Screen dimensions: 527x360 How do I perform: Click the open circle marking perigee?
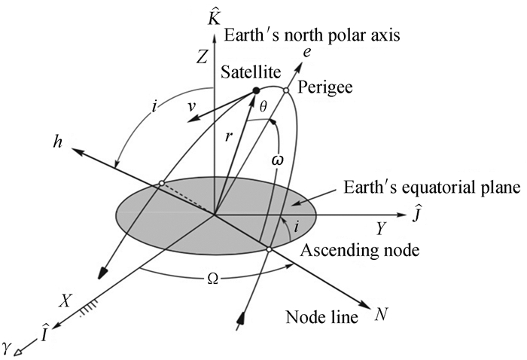click(x=286, y=91)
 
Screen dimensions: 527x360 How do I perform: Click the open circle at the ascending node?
click(x=269, y=249)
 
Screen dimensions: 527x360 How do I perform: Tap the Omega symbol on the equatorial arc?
click(x=212, y=277)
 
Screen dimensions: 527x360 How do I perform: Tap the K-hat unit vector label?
click(x=215, y=14)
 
